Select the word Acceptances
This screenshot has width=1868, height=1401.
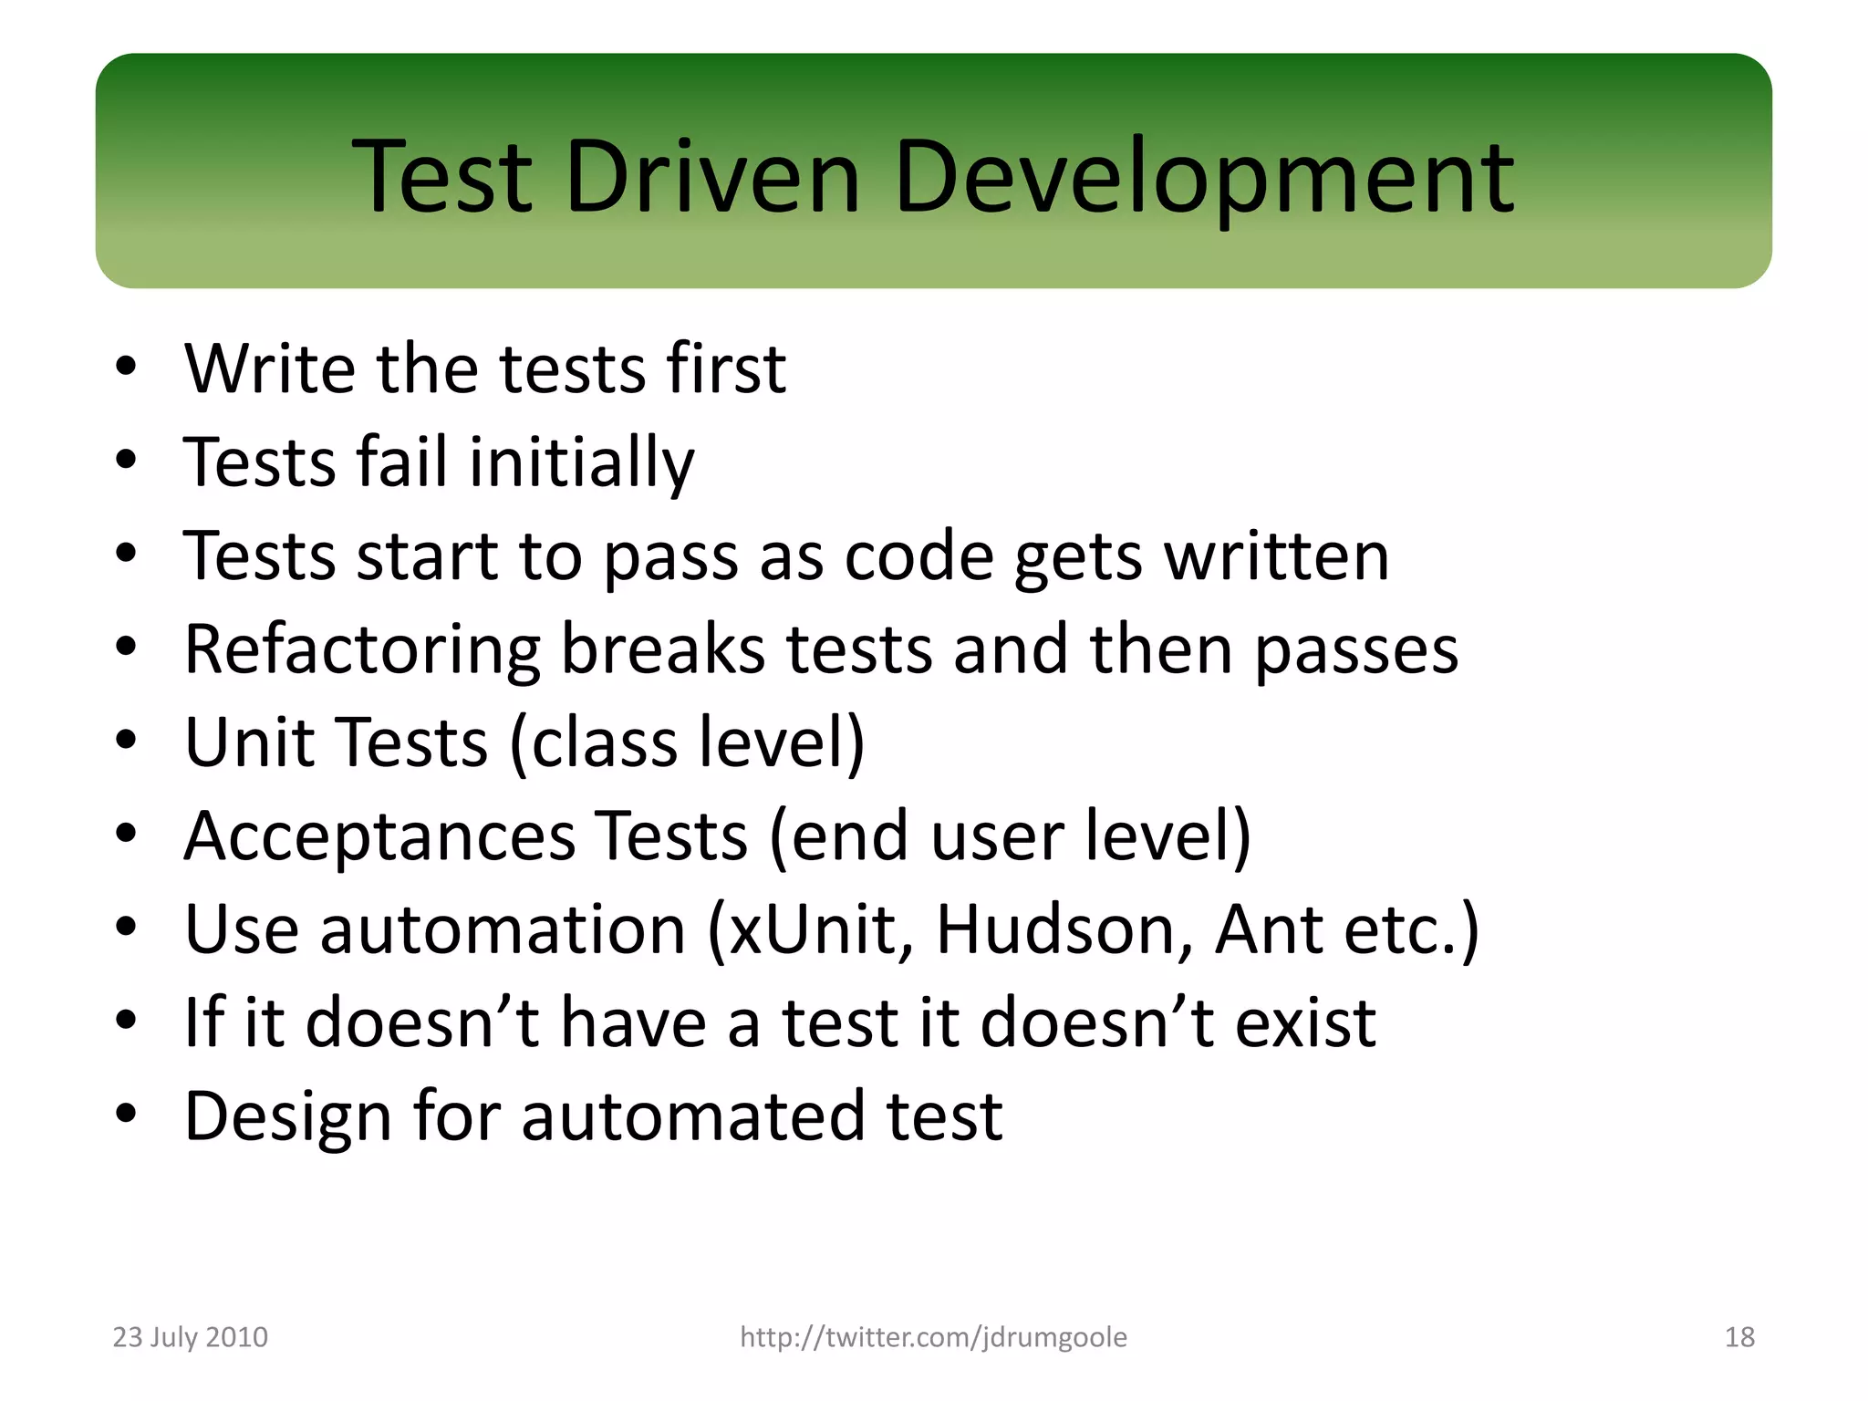click(379, 835)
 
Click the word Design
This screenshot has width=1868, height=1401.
click(287, 1116)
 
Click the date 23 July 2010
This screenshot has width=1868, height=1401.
click(190, 1337)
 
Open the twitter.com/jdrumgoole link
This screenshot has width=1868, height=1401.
click(933, 1337)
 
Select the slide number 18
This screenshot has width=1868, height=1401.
click(1739, 1337)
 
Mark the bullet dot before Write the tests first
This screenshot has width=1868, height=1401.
click(126, 368)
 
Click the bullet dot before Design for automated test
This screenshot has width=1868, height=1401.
click(126, 1114)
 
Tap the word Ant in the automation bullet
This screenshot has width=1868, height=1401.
click(1269, 929)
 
